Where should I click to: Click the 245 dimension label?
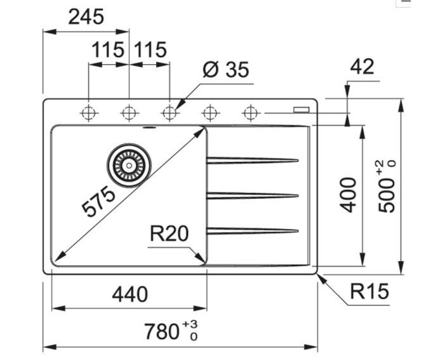pos(86,17)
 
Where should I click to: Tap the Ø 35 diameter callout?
pos(226,69)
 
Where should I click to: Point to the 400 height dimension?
pos(349,195)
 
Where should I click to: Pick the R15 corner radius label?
pos(369,292)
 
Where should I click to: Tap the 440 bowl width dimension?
pos(130,294)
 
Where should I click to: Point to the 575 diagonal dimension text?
pos(100,202)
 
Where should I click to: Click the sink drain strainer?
pos(130,164)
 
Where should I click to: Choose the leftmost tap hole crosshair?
pos(89,114)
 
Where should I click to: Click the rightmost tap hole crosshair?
pos(251,113)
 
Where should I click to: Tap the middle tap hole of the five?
pos(169,113)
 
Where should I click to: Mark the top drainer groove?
pos(252,159)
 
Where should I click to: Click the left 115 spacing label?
pos(108,50)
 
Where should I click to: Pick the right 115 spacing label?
pos(150,50)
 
